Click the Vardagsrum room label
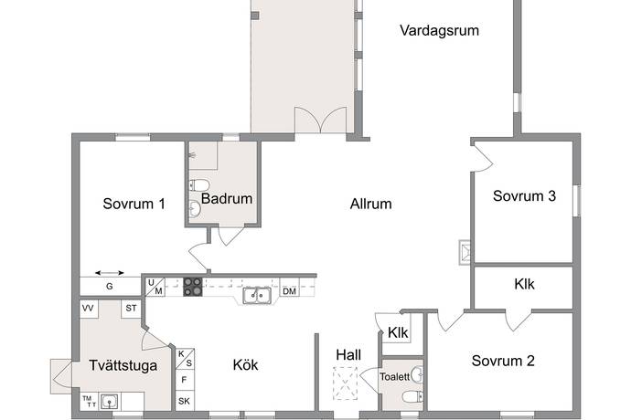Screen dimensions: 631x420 coord(440,30)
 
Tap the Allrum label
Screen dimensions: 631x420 coord(370,204)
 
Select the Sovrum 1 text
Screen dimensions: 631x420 coord(134,204)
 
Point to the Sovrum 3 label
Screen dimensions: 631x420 coord(524,195)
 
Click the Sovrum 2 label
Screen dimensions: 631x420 coord(503,361)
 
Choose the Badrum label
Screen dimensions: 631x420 coord(227,198)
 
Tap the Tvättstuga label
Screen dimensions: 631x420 coord(123,365)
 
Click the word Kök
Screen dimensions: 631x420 coord(245,364)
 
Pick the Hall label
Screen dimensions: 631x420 coord(348,355)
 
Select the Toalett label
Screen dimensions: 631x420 coord(395,376)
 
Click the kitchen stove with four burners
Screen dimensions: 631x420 coord(193,287)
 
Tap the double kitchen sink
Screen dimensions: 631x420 coord(257,296)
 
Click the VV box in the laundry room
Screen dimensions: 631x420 coord(89,309)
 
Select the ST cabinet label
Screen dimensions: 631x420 coord(131,309)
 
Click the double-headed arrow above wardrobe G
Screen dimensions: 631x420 coord(110,273)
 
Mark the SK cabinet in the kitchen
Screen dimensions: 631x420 coord(185,401)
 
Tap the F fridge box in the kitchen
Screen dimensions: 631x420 coord(185,380)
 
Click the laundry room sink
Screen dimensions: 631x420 coord(110,401)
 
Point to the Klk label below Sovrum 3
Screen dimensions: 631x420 coord(524,284)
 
